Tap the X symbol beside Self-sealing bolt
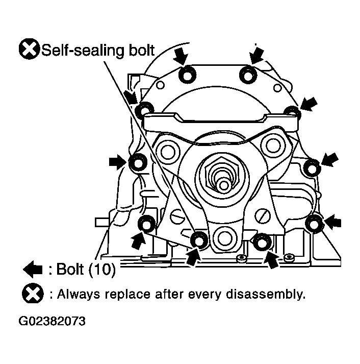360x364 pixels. tap(29, 49)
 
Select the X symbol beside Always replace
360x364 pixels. tap(33, 294)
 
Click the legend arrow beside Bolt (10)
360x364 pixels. tap(33, 269)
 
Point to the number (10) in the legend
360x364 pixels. tap(102, 270)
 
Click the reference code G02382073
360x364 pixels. tap(52, 321)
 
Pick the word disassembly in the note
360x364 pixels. tap(266, 294)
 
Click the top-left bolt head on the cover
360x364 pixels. tap(187, 75)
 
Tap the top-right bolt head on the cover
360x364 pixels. tap(248, 75)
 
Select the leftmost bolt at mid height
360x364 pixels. tap(138, 162)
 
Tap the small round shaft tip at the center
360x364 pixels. tap(224, 185)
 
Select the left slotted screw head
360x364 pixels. tap(177, 216)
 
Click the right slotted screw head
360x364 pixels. tap(263, 216)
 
